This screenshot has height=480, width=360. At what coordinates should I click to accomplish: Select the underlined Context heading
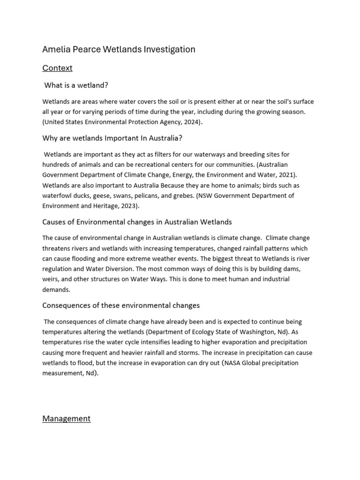pyautogui.click(x=57, y=68)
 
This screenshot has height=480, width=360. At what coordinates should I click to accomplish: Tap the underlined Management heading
pyautogui.click(x=66, y=419)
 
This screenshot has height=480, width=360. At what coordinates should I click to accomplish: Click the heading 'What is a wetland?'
pyautogui.click(x=76, y=85)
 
